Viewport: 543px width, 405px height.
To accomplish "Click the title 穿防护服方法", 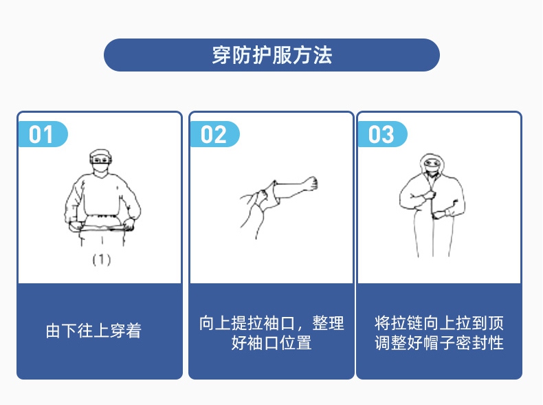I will coord(271,55).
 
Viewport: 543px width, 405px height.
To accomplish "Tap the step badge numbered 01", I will coord(42,134).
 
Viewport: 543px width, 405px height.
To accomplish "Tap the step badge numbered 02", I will coord(214,134).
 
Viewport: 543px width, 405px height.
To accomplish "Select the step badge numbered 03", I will coord(382,134).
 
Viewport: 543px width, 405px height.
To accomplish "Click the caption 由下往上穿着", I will coord(93,331).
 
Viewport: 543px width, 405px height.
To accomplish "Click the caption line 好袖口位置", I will coord(271,342).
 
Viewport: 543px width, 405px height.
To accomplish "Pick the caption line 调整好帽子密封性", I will coord(439,342).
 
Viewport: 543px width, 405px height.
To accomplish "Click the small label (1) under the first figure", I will coord(101,260).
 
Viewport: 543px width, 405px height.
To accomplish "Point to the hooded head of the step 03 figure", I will coord(432,163).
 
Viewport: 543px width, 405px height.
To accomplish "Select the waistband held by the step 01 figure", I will coord(101,223).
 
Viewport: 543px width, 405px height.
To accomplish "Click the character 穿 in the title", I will coord(221,55).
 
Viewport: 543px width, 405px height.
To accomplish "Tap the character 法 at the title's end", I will coord(323,55).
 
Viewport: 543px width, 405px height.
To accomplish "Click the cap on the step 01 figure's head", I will coord(101,154).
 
